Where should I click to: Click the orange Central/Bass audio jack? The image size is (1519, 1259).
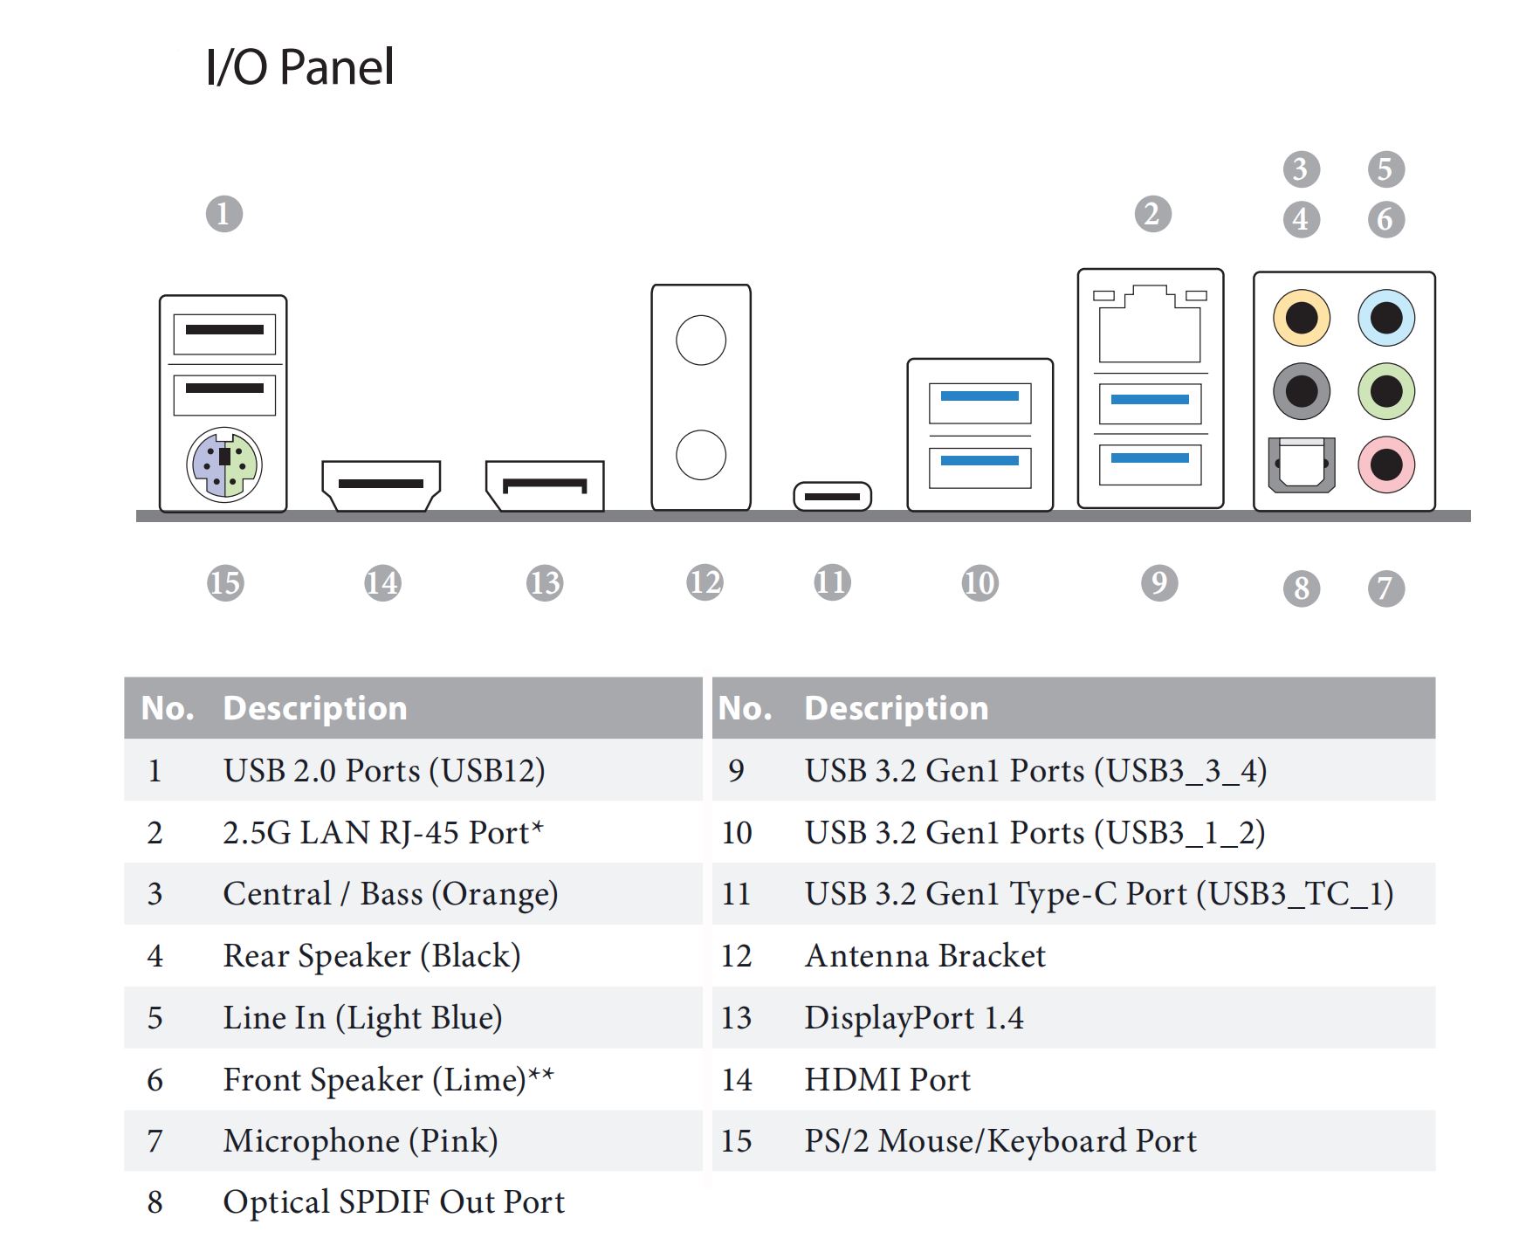pos(1301,317)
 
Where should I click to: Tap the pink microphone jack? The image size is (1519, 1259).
pos(1385,464)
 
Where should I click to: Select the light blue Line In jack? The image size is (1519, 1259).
pos(1385,317)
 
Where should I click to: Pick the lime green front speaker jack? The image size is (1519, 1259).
pos(1385,390)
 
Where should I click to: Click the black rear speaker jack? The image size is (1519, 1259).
pos(1301,390)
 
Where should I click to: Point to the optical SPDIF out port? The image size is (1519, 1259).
pos(1301,464)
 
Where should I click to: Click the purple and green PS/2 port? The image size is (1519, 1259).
pos(223,464)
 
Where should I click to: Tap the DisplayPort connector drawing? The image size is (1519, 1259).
pos(545,485)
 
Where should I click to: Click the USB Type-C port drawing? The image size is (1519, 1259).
pos(832,496)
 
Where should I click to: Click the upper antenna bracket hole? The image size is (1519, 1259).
pos(700,340)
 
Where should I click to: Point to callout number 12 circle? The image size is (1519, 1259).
pos(705,582)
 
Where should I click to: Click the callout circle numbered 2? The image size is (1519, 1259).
pos(1152,214)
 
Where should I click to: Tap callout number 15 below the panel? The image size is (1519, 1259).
pos(224,582)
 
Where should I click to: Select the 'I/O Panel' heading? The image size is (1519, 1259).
pos(299,67)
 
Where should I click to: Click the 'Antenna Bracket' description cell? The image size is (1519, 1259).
pos(924,956)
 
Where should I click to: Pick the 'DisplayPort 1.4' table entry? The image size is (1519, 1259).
pos(913,1018)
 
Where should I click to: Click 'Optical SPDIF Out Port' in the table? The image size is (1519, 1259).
pos(394,1202)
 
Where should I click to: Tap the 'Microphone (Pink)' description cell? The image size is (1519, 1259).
pos(360,1141)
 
